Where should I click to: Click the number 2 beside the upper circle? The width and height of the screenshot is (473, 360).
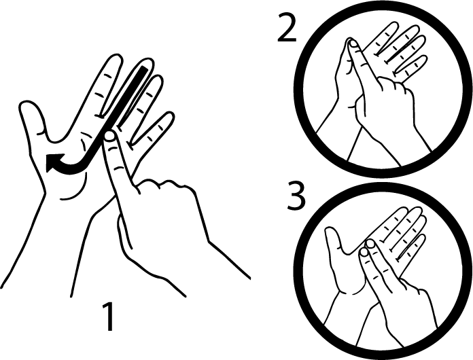coord(287,28)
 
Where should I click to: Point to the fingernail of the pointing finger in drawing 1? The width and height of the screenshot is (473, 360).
coord(109,137)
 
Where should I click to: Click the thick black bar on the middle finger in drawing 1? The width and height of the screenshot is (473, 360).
coord(131,96)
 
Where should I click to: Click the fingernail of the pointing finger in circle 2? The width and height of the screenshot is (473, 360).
coord(353,44)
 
